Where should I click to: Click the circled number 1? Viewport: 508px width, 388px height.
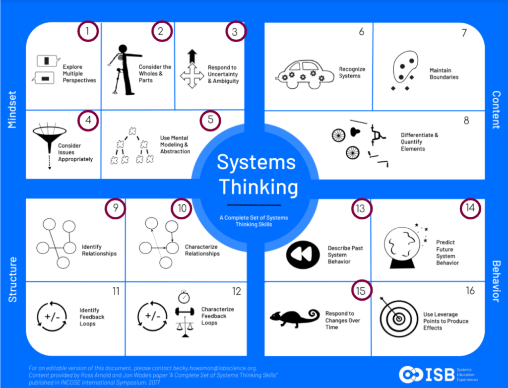point(88,32)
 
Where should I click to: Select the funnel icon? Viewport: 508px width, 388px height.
point(49,141)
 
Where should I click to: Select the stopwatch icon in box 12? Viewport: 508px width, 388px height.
point(184,297)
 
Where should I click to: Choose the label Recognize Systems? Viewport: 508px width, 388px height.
point(350,72)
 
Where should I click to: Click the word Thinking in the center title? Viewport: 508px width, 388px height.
point(258,188)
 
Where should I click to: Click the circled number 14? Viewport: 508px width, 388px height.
point(470,208)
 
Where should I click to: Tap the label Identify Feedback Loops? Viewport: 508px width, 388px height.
point(92,317)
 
